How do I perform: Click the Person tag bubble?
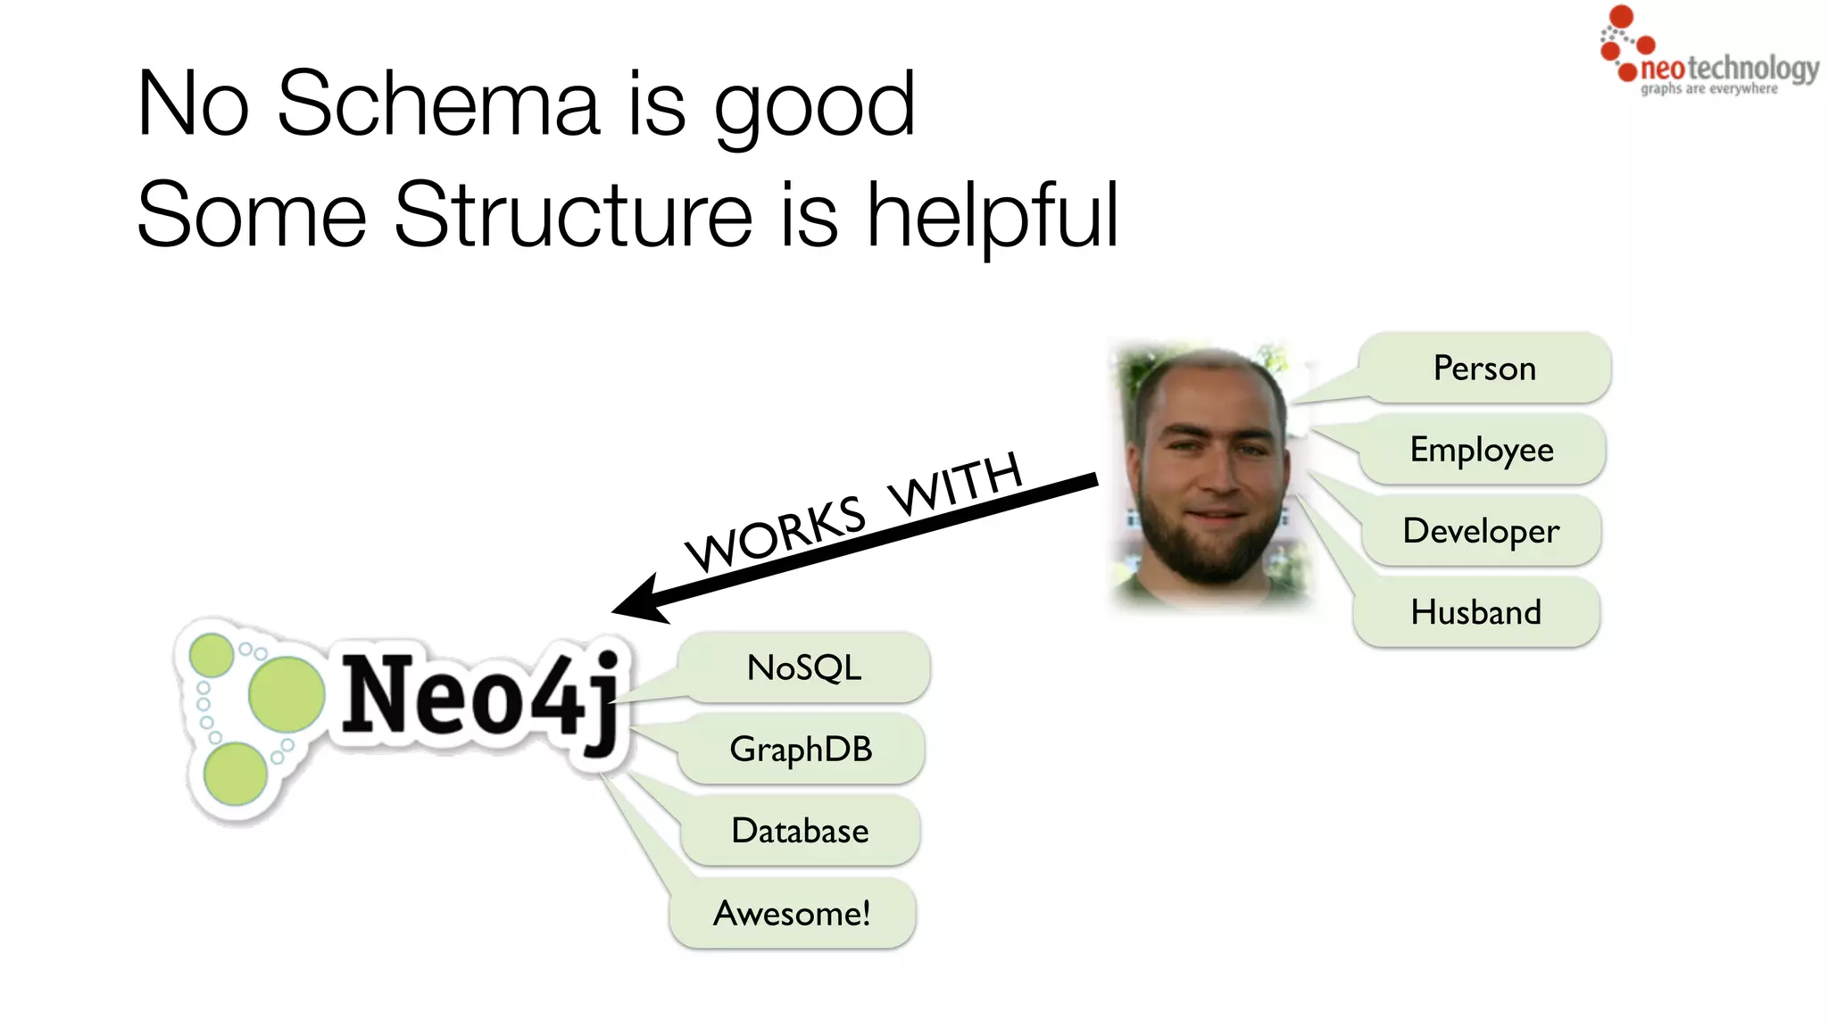(1485, 368)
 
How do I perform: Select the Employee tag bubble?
(1482, 449)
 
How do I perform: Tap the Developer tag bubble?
(1481, 531)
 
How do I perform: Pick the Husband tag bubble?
(1476, 612)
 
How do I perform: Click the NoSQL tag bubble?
(804, 667)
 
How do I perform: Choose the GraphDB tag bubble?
(801, 749)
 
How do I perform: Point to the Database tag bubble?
(800, 831)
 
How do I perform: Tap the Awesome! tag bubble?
(792, 913)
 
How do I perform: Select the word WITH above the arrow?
(955, 484)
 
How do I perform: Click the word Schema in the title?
(437, 104)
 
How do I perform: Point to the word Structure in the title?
(573, 215)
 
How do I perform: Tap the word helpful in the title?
(992, 215)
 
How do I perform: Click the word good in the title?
(814, 106)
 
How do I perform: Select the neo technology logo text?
(1729, 68)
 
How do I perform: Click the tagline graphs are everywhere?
(1708, 89)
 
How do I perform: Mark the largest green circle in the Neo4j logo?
(287, 694)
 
